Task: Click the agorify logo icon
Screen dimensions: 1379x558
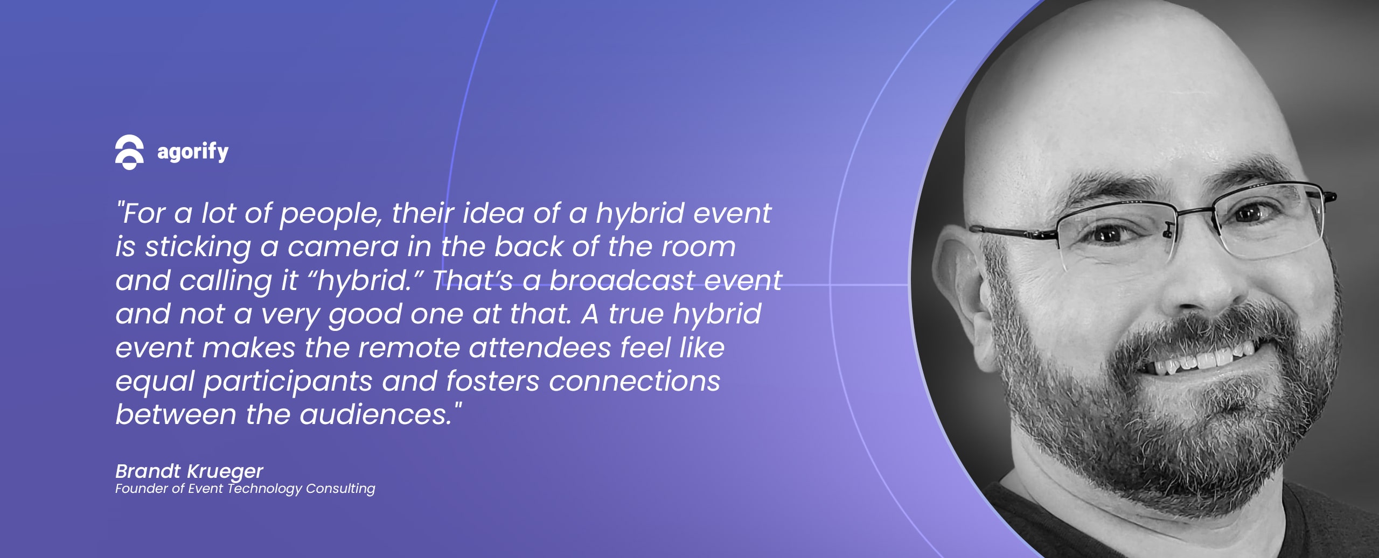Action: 129,152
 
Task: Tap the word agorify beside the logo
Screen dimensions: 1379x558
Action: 193,152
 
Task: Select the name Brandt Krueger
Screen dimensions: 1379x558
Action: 189,471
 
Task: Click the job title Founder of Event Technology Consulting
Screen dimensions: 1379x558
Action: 245,489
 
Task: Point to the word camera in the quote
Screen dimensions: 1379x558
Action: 343,247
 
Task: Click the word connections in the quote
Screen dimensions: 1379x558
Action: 635,382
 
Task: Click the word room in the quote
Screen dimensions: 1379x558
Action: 698,247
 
